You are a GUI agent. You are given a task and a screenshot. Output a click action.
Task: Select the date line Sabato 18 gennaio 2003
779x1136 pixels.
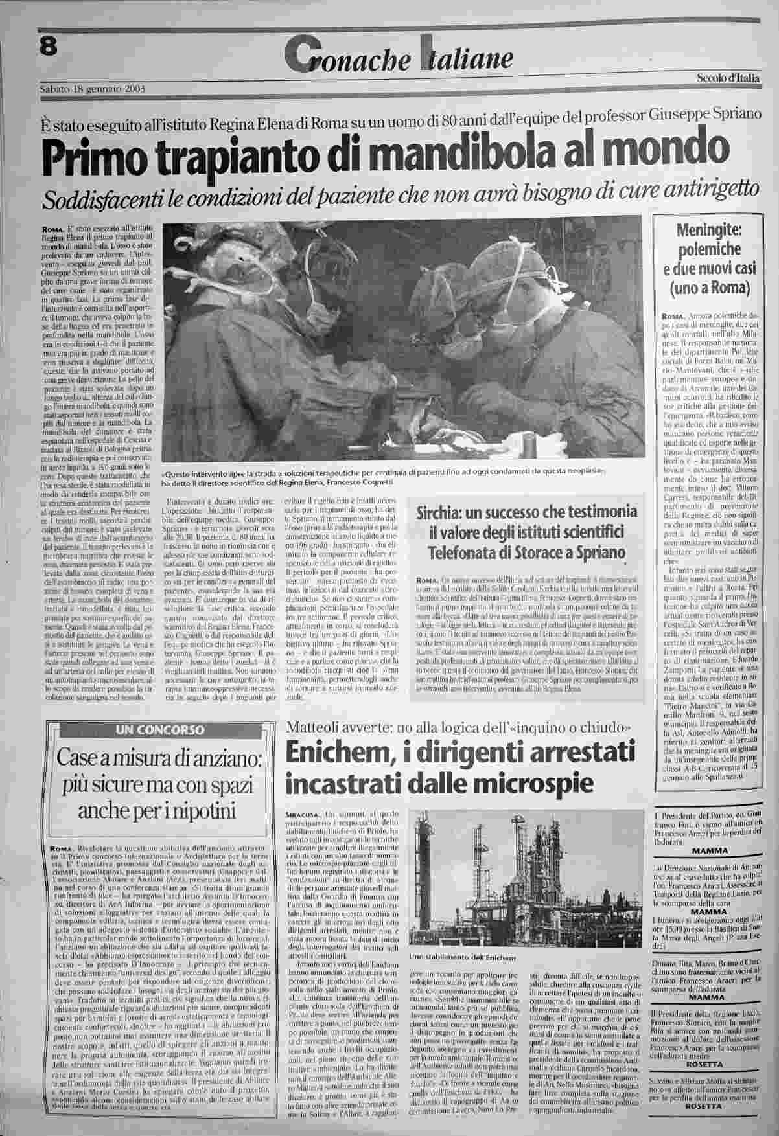[x=91, y=89]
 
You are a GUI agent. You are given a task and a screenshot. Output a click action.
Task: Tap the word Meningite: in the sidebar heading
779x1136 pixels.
[x=713, y=231]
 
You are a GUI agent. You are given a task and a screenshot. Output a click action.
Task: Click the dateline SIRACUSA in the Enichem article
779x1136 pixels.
[x=302, y=813]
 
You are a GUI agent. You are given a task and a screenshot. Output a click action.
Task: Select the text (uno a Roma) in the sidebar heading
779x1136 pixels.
[x=713, y=286]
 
